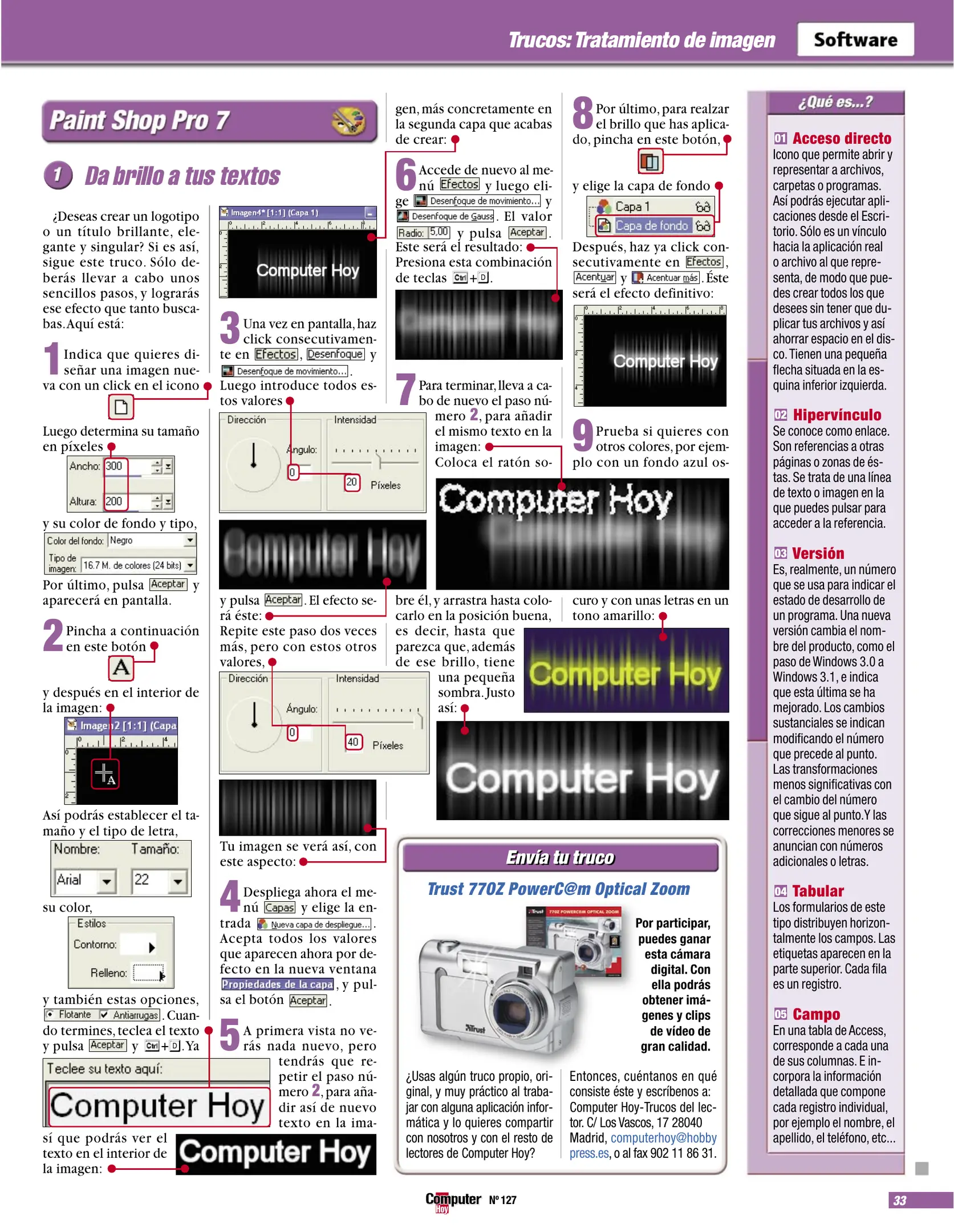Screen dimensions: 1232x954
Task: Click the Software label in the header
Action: click(x=855, y=40)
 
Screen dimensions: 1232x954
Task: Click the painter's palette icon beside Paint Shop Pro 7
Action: click(x=348, y=120)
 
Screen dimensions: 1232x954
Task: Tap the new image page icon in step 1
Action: click(x=121, y=407)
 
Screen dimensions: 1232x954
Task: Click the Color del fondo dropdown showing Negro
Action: click(x=152, y=540)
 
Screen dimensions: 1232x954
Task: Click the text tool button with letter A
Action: click(x=121, y=667)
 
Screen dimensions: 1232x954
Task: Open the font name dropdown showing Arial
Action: click(x=85, y=880)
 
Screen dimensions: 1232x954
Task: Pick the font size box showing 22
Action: click(x=159, y=880)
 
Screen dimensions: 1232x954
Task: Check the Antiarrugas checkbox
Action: click(x=104, y=1015)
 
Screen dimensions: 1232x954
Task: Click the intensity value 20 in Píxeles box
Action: click(x=352, y=483)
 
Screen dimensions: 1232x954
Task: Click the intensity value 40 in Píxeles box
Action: click(x=354, y=742)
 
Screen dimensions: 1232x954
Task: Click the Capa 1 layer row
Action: click(x=650, y=206)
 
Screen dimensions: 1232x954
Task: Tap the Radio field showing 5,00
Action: click(x=439, y=232)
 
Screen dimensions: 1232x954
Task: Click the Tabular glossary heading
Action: click(x=817, y=891)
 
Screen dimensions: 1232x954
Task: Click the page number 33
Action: click(x=900, y=1200)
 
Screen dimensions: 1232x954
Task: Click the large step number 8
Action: click(x=583, y=113)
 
